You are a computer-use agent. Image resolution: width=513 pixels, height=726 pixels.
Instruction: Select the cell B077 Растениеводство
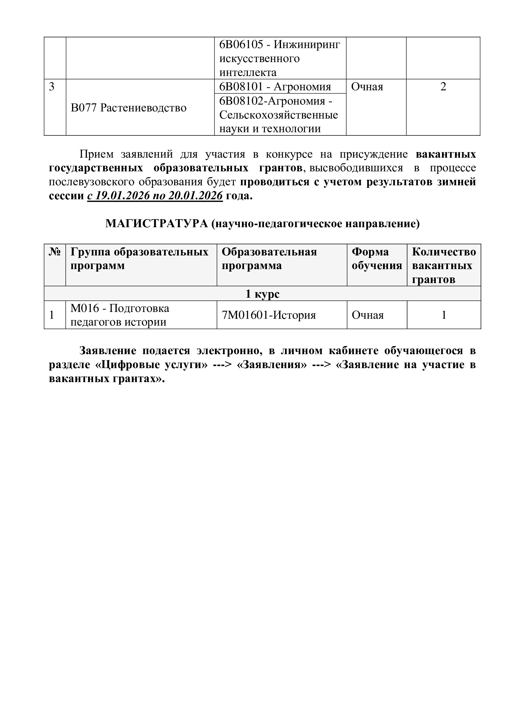click(129, 108)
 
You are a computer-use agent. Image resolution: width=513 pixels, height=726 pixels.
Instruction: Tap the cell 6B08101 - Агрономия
click(275, 87)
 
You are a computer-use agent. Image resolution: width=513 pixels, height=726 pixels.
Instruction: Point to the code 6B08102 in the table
click(241, 101)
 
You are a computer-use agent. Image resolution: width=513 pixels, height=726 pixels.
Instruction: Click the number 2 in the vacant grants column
click(443, 87)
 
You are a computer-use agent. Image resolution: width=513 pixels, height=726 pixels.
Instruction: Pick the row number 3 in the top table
click(52, 87)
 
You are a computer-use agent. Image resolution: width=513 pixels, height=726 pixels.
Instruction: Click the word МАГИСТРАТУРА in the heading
click(157, 224)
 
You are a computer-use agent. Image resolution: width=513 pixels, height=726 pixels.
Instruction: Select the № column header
click(55, 252)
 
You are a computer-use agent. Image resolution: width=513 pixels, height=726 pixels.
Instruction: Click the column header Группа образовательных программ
click(139, 259)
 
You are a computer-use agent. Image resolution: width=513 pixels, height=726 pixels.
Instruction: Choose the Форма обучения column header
click(377, 259)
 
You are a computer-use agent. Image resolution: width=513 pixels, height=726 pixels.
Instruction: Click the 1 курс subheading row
click(262, 294)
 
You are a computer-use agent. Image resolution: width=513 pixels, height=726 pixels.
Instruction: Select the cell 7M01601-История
click(269, 315)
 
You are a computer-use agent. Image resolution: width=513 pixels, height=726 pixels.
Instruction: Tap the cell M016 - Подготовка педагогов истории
click(120, 315)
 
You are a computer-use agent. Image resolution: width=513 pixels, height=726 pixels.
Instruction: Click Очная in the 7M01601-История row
click(368, 315)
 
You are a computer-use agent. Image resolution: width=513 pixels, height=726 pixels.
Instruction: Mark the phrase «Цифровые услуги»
click(151, 365)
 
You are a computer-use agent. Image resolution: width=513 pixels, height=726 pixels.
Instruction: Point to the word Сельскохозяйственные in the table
click(278, 115)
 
